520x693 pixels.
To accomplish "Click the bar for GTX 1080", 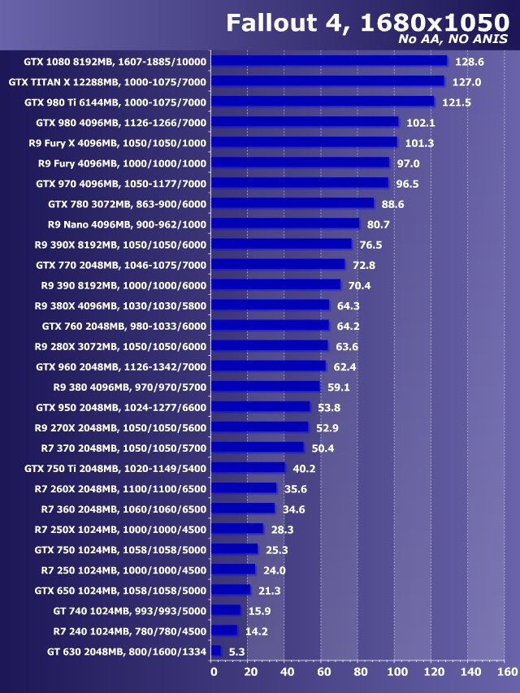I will (x=329, y=61).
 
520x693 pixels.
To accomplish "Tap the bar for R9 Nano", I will (x=285, y=223).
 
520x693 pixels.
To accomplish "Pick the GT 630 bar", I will (x=216, y=651).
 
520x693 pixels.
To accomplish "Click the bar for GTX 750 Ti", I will (x=249, y=468).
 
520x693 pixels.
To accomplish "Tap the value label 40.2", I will (x=304, y=469).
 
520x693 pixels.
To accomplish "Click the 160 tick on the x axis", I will (x=505, y=672).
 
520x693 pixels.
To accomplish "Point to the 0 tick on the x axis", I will (x=213, y=672).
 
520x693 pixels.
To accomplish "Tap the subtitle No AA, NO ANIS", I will (x=453, y=39).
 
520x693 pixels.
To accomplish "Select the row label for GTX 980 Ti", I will (x=115, y=102).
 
